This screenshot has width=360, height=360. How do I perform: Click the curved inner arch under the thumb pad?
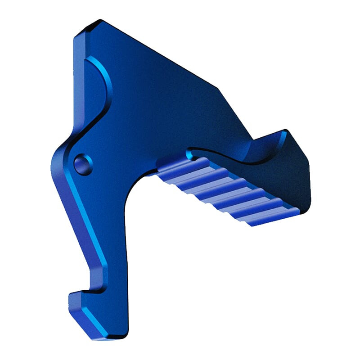tap(135, 189)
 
